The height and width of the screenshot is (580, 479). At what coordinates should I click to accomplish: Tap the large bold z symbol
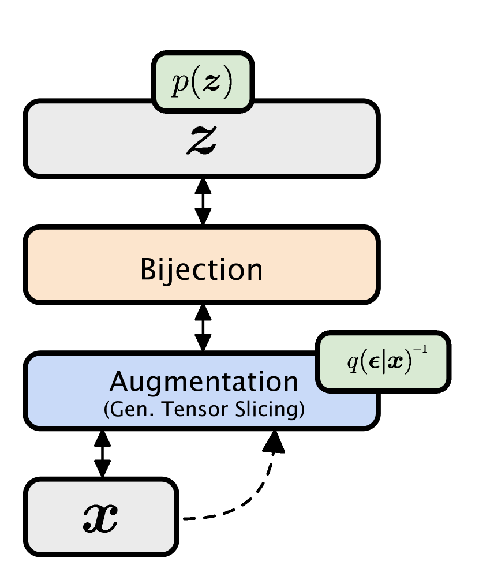coord(201,139)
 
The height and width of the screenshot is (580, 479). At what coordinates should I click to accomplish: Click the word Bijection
coord(201,270)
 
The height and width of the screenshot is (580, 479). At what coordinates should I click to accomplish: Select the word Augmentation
coord(204,382)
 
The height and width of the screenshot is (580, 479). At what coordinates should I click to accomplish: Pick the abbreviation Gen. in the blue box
coord(125,409)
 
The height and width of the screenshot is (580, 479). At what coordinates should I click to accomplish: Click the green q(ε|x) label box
coord(383,362)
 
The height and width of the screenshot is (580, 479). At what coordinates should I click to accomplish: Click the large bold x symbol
coord(101,518)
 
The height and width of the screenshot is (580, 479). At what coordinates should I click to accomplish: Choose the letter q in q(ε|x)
coord(352,364)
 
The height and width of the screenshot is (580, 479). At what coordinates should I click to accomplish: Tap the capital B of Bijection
coord(148,270)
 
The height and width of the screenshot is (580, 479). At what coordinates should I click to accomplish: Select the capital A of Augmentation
coord(119,382)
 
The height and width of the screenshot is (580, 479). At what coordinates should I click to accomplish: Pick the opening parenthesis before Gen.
coord(106,410)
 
